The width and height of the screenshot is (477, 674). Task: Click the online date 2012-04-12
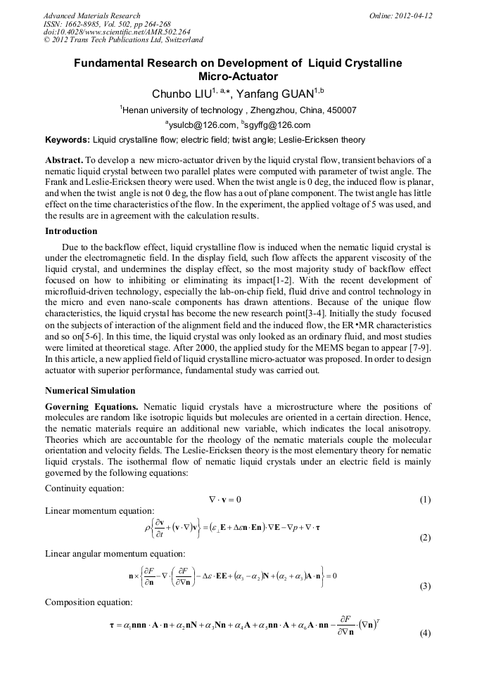tap(412, 15)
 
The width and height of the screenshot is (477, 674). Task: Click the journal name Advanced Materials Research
tap(92, 15)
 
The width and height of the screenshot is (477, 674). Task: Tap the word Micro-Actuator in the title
tap(238, 77)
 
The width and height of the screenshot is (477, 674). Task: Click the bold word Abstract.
tap(64, 160)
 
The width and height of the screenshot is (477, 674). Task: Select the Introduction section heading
tap(71, 231)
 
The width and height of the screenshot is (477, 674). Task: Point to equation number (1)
tap(425, 500)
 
